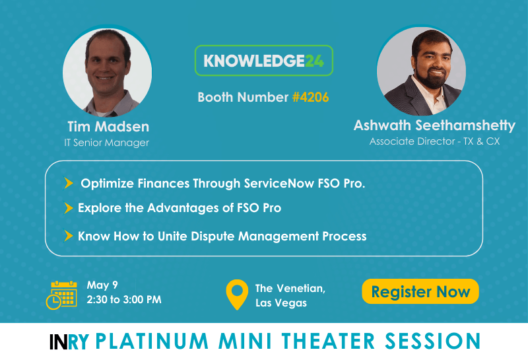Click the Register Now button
pos(420,291)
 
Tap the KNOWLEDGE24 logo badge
pos(263,60)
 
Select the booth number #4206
pos(310,97)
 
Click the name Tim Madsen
pos(108,127)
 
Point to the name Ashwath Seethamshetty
pos(434,126)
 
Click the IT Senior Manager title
pos(106,143)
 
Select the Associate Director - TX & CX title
pos(434,141)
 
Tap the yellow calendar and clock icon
pos(61,295)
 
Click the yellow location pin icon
pos(237,294)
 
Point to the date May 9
pos(102,285)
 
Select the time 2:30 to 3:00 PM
pos(124,299)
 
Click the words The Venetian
pos(290,288)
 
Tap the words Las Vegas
pos(281,303)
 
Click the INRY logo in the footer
pos(69,342)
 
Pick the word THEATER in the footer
pos(328,341)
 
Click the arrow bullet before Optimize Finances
pos(69,183)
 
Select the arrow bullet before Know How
pos(69,236)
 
